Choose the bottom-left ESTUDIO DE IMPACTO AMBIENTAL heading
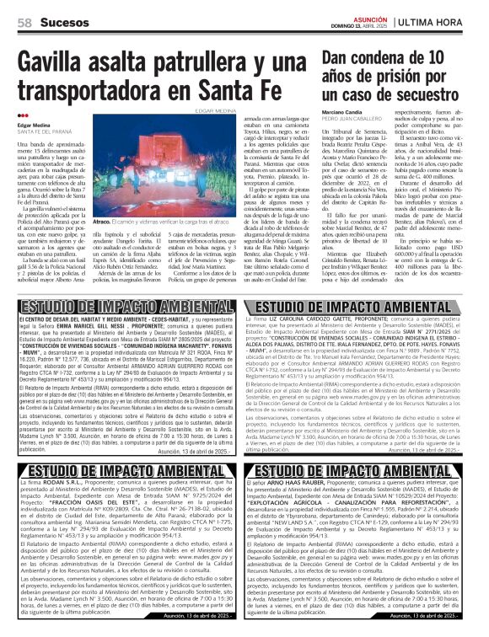pos(120,494)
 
